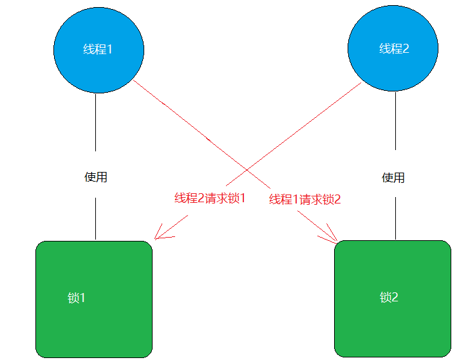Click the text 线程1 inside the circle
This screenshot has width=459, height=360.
(98, 49)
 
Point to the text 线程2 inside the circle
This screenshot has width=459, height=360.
(394, 49)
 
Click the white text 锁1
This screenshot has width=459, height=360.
(77, 298)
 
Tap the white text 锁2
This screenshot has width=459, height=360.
(389, 298)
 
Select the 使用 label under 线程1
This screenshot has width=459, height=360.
(96, 177)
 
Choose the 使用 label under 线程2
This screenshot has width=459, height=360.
(393, 177)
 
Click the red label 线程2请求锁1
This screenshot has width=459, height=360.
(210, 198)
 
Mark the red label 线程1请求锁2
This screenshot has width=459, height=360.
(304, 200)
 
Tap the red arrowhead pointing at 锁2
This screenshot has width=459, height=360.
(332, 237)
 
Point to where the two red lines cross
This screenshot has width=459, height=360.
(248, 171)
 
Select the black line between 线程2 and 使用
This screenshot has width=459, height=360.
(394, 129)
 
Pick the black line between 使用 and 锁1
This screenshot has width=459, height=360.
(96, 219)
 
